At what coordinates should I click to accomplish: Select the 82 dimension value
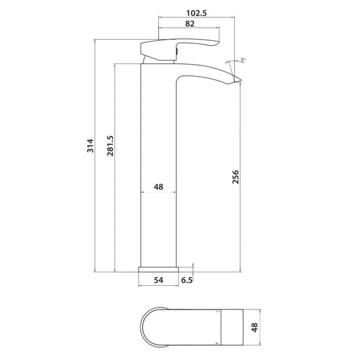[x=189, y=24]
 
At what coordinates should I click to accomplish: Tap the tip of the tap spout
[x=238, y=83]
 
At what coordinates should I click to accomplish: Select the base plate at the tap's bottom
[x=159, y=268]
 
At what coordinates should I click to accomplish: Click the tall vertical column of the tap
[x=159, y=168]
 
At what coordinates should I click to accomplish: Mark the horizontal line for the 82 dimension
[x=189, y=30]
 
